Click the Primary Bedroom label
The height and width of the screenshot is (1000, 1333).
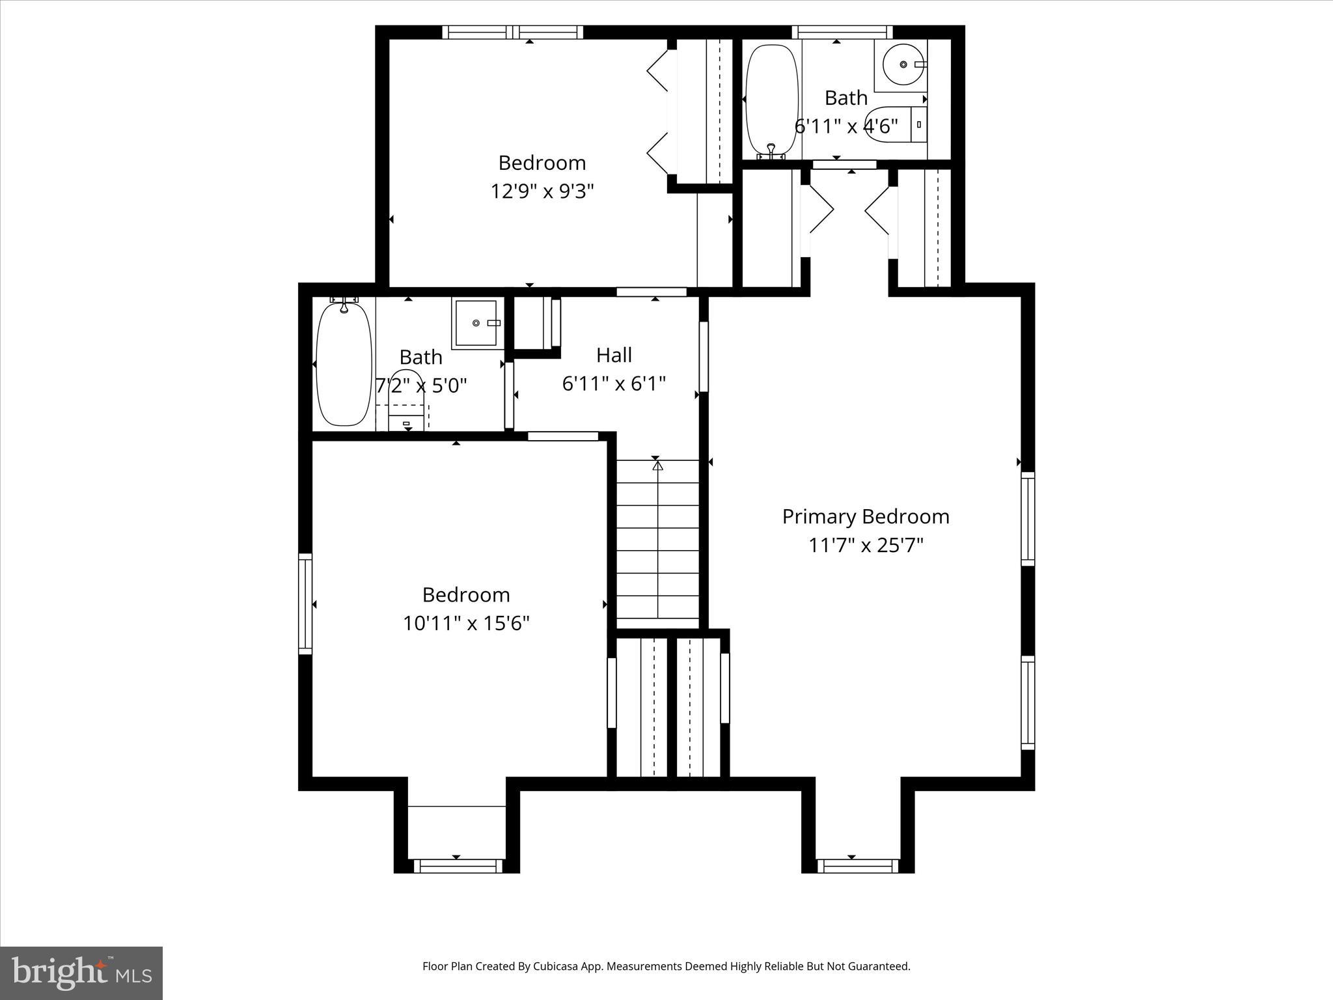pos(865,517)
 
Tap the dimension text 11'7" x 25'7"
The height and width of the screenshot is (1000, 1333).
pos(865,545)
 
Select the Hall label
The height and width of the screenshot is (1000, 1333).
pos(614,355)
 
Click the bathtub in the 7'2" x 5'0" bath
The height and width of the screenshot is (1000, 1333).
pos(344,365)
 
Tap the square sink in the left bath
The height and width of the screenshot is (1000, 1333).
pos(478,322)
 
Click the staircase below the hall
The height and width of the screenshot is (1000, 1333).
pos(657,540)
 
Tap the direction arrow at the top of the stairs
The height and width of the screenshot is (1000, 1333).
pos(657,466)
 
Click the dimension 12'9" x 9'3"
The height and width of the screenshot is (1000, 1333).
pos(542,191)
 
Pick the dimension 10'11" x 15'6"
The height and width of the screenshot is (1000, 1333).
pos(466,624)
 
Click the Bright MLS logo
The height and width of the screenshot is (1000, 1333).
pos(81,973)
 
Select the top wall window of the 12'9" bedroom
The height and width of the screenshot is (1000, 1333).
pos(513,32)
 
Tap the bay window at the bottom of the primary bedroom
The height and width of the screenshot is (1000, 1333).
pos(857,866)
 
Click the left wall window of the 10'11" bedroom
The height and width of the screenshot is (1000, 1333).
pos(305,604)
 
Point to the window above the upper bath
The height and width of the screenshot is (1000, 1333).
pos(842,32)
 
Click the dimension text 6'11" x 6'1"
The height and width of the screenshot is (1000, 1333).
pos(614,384)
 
